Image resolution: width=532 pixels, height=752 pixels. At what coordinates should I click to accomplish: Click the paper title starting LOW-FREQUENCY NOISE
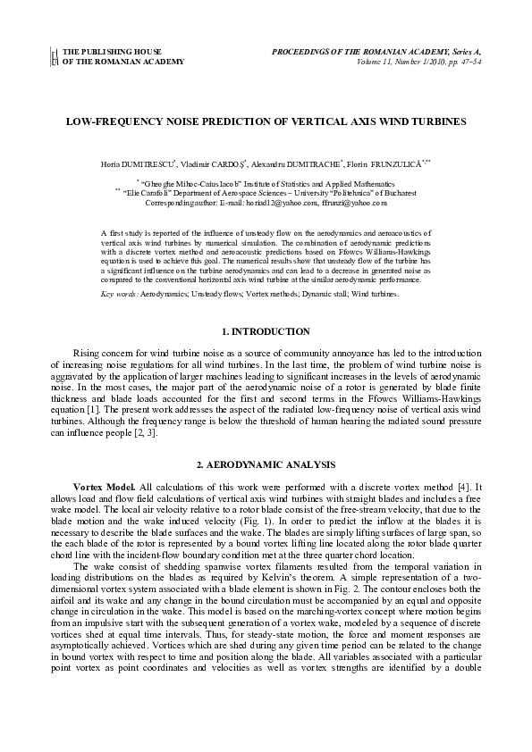266,120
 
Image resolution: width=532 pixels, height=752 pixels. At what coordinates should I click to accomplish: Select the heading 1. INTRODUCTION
266,332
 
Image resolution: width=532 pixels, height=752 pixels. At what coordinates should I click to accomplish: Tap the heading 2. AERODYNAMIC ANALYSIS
266,465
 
